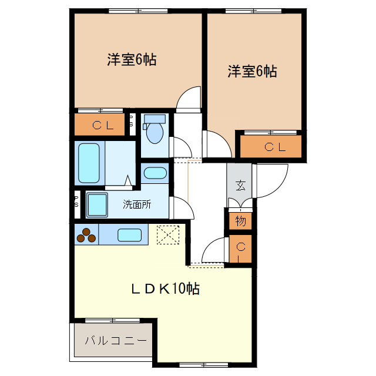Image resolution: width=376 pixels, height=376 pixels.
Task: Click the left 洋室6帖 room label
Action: [x=131, y=59]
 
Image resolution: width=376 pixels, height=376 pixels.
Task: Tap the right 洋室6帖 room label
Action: [x=253, y=72]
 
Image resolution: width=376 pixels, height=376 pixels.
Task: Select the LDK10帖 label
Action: [x=164, y=288]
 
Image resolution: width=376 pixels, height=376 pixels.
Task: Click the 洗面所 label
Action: [x=136, y=205]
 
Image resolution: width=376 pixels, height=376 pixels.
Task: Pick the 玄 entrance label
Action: [x=240, y=186]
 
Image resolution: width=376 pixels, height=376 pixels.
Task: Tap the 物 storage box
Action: [x=241, y=221]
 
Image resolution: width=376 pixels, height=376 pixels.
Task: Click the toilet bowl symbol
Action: [x=155, y=132]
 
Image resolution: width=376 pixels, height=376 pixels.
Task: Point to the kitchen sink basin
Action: [x=129, y=236]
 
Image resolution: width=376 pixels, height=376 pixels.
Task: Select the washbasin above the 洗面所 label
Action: [x=155, y=173]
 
